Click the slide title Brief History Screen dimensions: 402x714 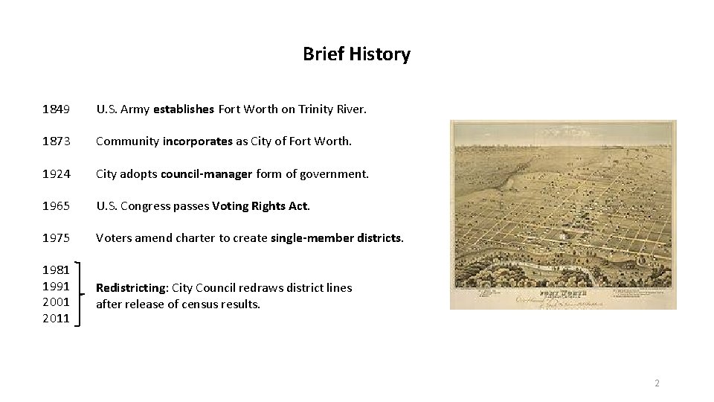coord(356,54)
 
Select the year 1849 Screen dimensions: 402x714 coord(57,109)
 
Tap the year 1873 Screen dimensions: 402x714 coord(57,141)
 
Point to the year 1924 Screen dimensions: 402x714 coord(57,174)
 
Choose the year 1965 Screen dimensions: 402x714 coord(57,206)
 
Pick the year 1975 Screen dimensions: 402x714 coord(57,239)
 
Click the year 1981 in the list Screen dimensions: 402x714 coord(57,271)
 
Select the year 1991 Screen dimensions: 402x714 coord(57,287)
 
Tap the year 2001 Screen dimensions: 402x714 coord(57,302)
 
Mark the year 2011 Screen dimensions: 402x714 coord(57,319)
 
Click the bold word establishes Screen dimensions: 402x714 coord(184,109)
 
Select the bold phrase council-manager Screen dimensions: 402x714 coord(207,174)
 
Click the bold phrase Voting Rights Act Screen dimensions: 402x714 coord(260,206)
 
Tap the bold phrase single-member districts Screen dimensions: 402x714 coord(337,239)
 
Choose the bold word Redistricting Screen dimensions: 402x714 coord(132,287)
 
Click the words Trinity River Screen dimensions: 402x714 coord(332,109)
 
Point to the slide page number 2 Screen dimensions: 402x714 coord(657,383)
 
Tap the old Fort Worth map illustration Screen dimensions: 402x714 coord(563,214)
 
